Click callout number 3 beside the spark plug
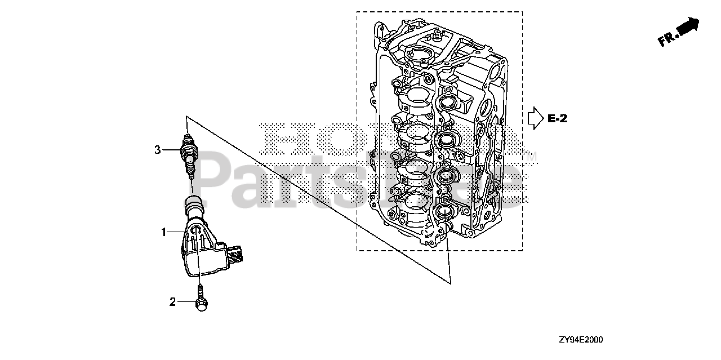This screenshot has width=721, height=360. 158,150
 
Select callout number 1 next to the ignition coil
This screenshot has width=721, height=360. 164,232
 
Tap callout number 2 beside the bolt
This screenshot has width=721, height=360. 173,302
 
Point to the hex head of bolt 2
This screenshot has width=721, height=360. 201,304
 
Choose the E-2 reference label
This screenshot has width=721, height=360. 557,118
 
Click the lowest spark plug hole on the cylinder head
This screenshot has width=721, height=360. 443,212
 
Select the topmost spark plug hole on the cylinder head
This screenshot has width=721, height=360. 446,102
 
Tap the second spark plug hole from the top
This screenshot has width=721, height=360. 446,140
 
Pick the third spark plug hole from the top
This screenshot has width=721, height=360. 444,176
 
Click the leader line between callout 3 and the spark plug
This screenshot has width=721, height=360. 172,150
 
